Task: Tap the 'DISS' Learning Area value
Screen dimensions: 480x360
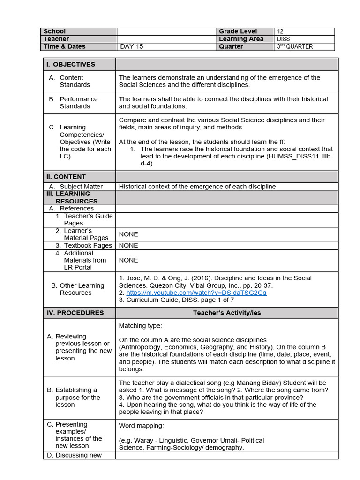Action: (x=284, y=39)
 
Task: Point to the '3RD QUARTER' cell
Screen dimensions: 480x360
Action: (x=295, y=46)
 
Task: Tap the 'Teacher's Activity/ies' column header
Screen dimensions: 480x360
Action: (x=226, y=313)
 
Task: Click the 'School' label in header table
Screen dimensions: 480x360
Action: (x=55, y=31)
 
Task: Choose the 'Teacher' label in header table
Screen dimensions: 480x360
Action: (x=56, y=39)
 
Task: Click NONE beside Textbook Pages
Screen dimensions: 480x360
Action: (x=128, y=245)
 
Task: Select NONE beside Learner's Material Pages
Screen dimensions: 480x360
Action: (x=128, y=234)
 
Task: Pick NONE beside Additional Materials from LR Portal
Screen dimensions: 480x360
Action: (x=128, y=260)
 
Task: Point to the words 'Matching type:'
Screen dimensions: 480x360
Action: (x=141, y=325)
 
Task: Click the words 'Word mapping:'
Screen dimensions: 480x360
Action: (x=141, y=426)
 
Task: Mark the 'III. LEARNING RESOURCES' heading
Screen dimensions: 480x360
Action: (x=73, y=197)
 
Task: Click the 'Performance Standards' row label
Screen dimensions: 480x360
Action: (x=78, y=103)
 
